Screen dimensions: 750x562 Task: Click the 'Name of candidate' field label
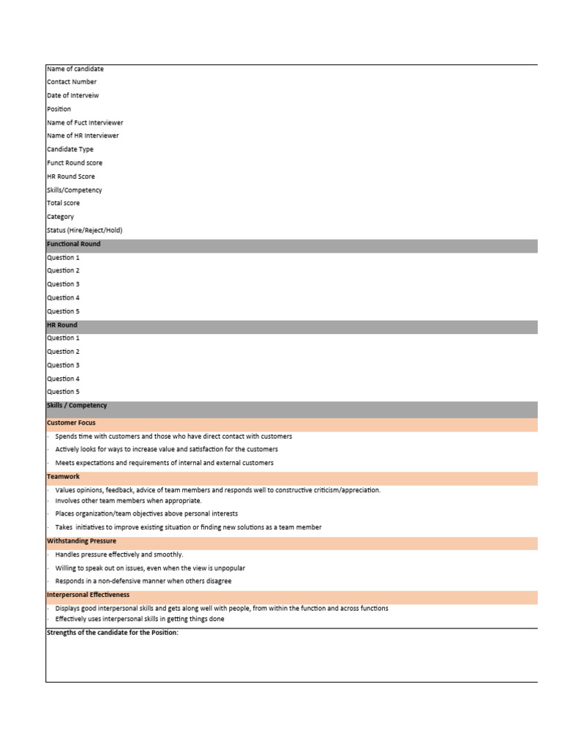[x=75, y=69]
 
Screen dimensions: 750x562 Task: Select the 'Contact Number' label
[x=72, y=82]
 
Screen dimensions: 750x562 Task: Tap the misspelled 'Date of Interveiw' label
[x=73, y=95]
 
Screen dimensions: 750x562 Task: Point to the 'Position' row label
[x=59, y=109]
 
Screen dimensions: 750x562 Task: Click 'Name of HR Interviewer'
[x=83, y=135]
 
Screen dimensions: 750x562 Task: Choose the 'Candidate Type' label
[x=70, y=149]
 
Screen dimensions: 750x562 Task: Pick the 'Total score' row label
[x=64, y=203]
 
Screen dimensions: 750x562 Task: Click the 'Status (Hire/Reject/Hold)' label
[x=85, y=230]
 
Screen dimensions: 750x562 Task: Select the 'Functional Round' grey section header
[x=74, y=244]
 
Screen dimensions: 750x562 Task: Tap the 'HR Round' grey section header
[x=62, y=325]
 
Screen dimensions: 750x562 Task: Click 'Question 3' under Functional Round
[x=64, y=284]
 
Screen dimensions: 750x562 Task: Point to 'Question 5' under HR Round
[x=64, y=392]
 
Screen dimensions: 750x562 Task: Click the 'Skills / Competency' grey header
[x=77, y=406]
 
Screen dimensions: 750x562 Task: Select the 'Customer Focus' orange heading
[x=71, y=423]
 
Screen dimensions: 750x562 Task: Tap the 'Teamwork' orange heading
[x=64, y=477]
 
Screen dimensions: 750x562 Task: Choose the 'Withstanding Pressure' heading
[x=81, y=541]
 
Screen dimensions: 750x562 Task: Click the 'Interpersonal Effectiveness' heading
[x=88, y=595]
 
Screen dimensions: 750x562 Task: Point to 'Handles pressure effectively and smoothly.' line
[x=119, y=554]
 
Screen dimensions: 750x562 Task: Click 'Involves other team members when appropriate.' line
[x=128, y=501]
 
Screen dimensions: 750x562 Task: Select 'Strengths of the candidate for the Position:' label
[x=113, y=633]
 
